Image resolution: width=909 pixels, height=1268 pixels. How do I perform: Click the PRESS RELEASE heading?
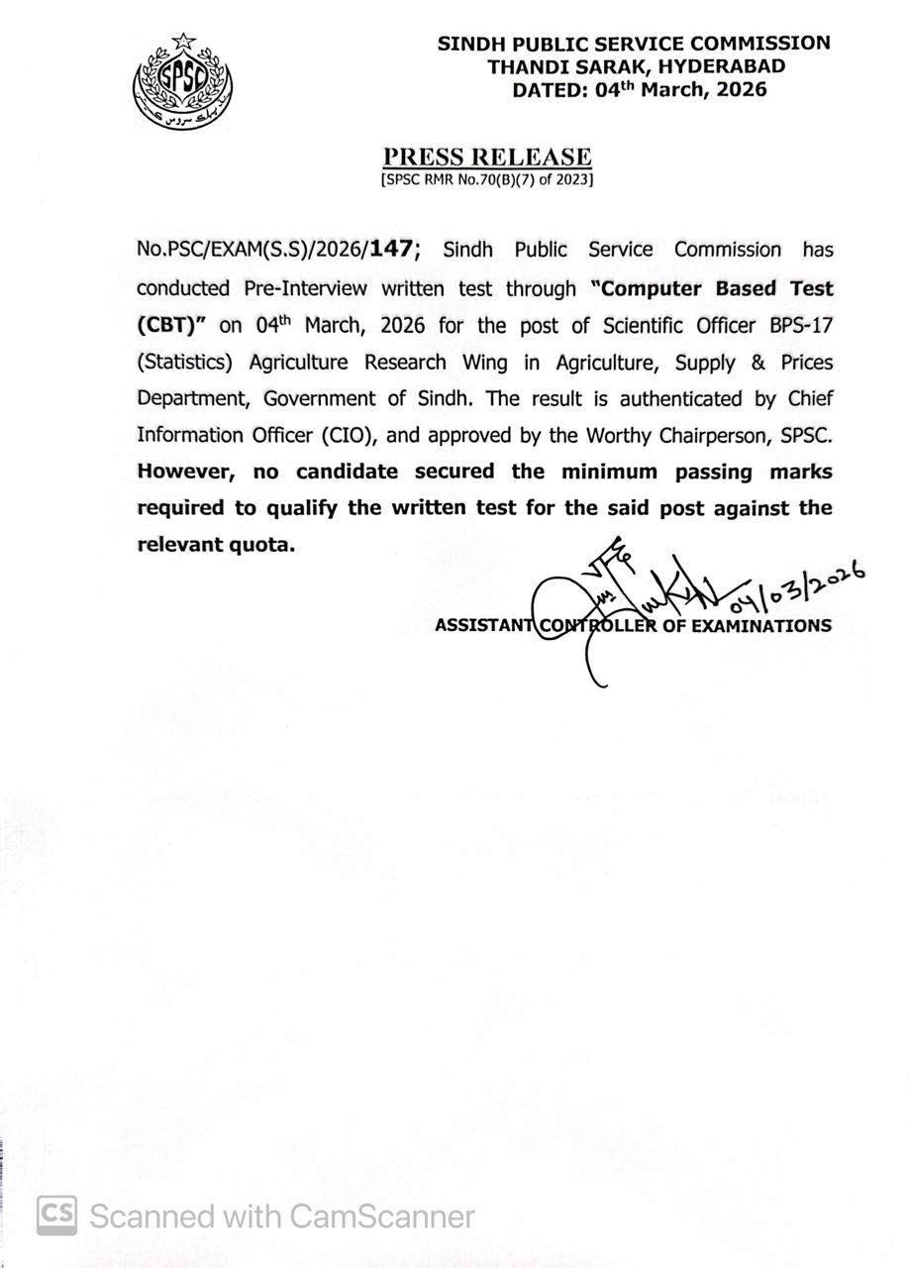(487, 157)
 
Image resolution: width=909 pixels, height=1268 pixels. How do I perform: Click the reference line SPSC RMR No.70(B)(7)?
(486, 181)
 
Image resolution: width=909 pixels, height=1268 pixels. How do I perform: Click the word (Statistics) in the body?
(184, 363)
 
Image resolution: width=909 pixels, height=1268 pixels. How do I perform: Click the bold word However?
(183, 472)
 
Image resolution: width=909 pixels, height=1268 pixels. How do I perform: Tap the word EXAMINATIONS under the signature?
(760, 626)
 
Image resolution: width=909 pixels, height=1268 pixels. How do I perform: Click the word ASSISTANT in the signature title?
(483, 626)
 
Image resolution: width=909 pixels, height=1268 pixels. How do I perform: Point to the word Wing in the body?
(484, 363)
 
